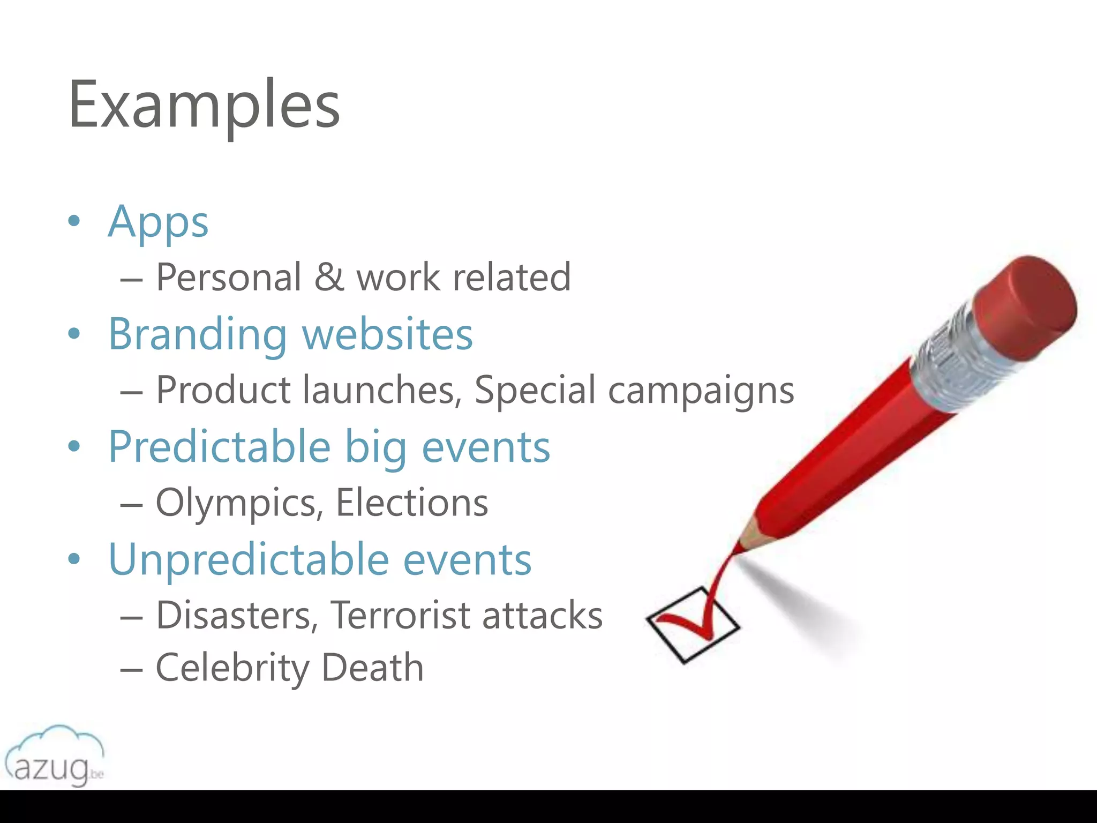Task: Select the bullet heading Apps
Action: point(158,222)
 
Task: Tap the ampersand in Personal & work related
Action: point(329,277)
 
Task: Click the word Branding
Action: point(198,335)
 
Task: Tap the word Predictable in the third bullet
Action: point(220,447)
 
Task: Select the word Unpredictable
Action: point(249,559)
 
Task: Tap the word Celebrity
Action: point(232,668)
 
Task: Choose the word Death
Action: point(372,668)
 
